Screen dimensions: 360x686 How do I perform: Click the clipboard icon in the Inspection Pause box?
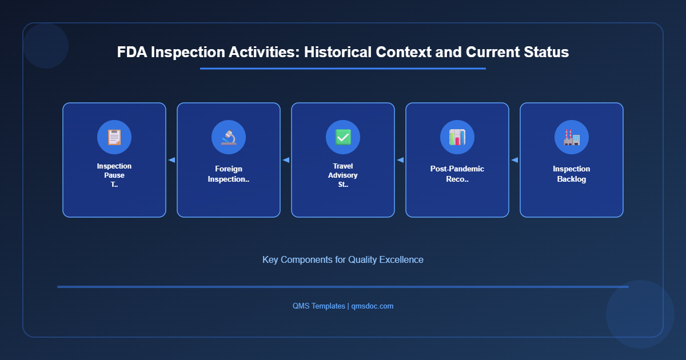pyautogui.click(x=114, y=137)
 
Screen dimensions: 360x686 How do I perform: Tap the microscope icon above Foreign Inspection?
pyautogui.click(x=229, y=137)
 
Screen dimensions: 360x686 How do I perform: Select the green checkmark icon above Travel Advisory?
pyautogui.click(x=343, y=137)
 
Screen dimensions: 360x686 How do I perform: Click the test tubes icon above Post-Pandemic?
pyautogui.click(x=457, y=137)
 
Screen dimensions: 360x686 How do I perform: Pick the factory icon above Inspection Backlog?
pyautogui.click(x=572, y=137)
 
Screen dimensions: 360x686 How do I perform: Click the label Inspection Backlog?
pyautogui.click(x=572, y=174)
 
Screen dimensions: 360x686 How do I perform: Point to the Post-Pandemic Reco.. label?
pyautogui.click(x=457, y=174)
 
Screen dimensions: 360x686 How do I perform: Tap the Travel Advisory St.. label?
pyautogui.click(x=343, y=175)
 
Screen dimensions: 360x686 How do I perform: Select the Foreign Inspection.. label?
pyautogui.click(x=229, y=174)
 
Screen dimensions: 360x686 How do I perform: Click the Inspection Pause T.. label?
pyautogui.click(x=114, y=175)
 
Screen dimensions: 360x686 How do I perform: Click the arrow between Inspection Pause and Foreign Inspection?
pyautogui.click(x=171, y=160)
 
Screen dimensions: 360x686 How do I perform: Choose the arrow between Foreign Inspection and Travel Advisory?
pyautogui.click(x=286, y=160)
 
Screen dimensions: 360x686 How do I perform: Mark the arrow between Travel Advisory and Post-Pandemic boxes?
pyautogui.click(x=400, y=160)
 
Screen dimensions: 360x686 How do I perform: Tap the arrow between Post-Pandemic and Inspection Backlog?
pyautogui.click(x=514, y=160)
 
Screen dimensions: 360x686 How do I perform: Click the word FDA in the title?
pyautogui.click(x=132, y=52)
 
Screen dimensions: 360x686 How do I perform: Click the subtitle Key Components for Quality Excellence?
pyautogui.click(x=343, y=259)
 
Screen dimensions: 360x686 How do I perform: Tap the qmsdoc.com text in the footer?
pyautogui.click(x=372, y=306)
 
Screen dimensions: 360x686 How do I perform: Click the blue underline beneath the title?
pyautogui.click(x=343, y=69)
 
